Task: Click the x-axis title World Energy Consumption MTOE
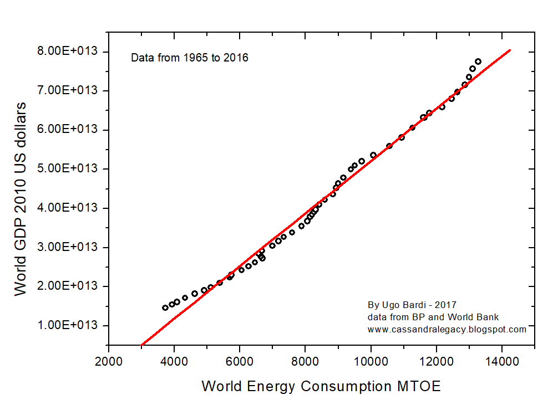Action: (321, 386)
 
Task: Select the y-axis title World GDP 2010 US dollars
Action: (21, 198)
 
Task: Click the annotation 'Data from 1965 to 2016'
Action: (189, 58)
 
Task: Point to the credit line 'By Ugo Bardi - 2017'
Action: (412, 305)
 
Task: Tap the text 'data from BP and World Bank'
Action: (433, 317)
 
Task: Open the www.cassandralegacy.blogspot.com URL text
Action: (447, 329)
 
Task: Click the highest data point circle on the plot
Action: (478, 61)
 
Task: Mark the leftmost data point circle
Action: (165, 307)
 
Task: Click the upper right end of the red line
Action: (509, 50)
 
